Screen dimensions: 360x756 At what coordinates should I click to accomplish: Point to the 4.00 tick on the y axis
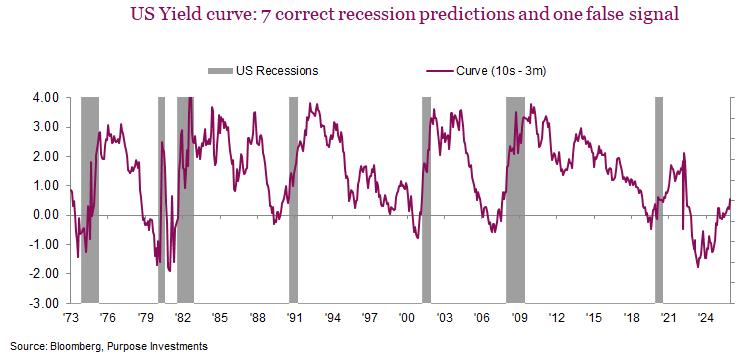(x=45, y=98)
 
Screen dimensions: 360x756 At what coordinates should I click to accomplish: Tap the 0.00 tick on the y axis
(x=45, y=215)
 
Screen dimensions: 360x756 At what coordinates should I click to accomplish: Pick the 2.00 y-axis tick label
(x=45, y=157)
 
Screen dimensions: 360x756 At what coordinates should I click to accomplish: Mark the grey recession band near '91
(x=294, y=200)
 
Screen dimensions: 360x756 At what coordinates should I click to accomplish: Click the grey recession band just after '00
(x=426, y=200)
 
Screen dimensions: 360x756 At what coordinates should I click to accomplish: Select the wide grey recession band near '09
(x=516, y=200)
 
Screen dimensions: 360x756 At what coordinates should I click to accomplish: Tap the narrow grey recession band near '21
(x=659, y=200)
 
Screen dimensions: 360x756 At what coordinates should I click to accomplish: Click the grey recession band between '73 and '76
(x=90, y=200)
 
